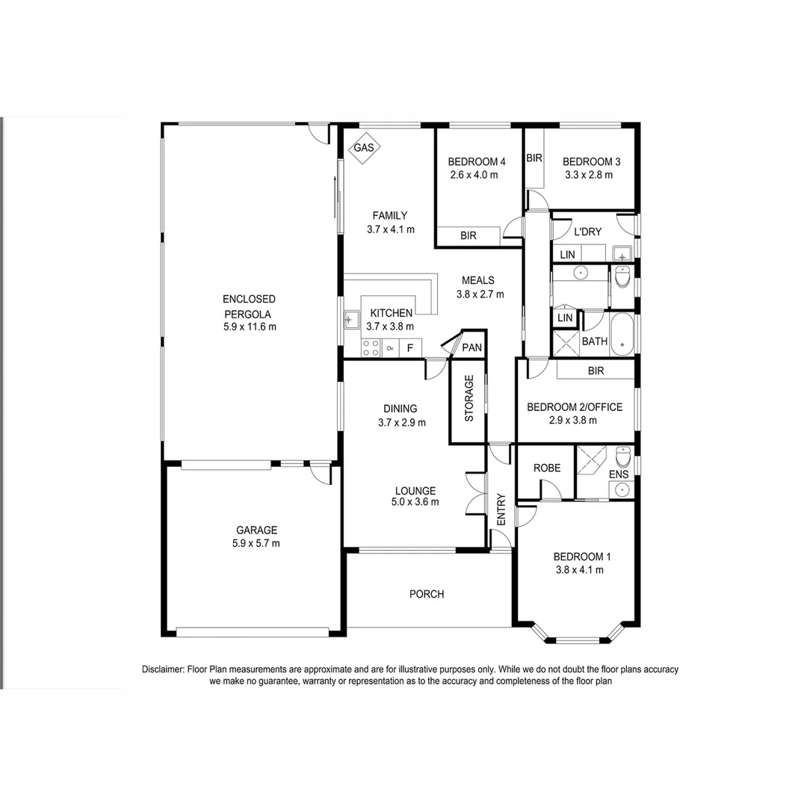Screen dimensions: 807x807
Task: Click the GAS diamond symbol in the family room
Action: tap(364, 148)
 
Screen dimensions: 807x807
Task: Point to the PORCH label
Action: tap(427, 594)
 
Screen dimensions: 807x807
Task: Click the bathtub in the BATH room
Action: tap(622, 334)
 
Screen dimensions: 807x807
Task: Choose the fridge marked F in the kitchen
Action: tap(409, 347)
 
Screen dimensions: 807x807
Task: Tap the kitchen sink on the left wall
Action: tap(350, 321)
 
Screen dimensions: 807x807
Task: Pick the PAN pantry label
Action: tap(471, 347)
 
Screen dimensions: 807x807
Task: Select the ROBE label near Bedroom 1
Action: tap(547, 469)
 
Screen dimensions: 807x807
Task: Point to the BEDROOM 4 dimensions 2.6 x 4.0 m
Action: tap(474, 175)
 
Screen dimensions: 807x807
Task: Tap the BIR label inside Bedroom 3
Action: tap(534, 158)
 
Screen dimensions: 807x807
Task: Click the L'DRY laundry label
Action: tap(587, 232)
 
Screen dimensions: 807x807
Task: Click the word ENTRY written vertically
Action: tap(501, 510)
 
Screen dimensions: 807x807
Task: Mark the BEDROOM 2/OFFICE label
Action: tap(574, 407)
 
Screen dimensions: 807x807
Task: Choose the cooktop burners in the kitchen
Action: tap(370, 347)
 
